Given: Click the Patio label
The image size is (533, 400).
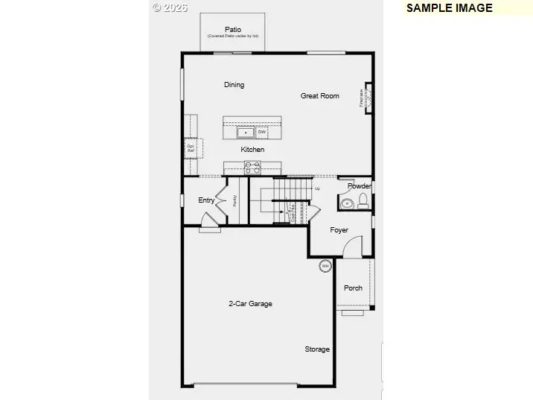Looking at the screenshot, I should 233,30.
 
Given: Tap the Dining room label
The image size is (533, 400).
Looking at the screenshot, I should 234,85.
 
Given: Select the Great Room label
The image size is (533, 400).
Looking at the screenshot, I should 319,96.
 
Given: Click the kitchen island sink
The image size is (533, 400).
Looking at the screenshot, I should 246,133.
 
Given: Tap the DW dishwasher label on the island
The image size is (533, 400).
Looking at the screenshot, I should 262,132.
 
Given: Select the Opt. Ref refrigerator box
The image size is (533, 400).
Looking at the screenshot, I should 191,148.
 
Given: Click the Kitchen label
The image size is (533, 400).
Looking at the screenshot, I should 252,150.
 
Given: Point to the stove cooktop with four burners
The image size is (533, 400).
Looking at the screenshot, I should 253,168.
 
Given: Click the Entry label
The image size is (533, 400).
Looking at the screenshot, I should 206,200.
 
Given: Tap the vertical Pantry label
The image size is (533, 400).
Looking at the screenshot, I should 234,200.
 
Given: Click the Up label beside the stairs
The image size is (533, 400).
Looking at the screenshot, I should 317,188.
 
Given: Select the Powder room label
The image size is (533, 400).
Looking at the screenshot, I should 360,185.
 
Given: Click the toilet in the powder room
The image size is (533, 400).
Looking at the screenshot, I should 363,200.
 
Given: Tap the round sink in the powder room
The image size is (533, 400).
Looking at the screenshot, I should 346,203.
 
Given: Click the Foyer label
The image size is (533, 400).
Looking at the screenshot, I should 339,230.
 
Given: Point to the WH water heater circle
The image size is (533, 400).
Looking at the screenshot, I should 325,265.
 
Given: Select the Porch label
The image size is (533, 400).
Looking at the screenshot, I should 353,288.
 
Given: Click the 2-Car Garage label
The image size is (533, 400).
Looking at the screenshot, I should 250,304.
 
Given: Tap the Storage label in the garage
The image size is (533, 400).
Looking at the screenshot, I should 317,349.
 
